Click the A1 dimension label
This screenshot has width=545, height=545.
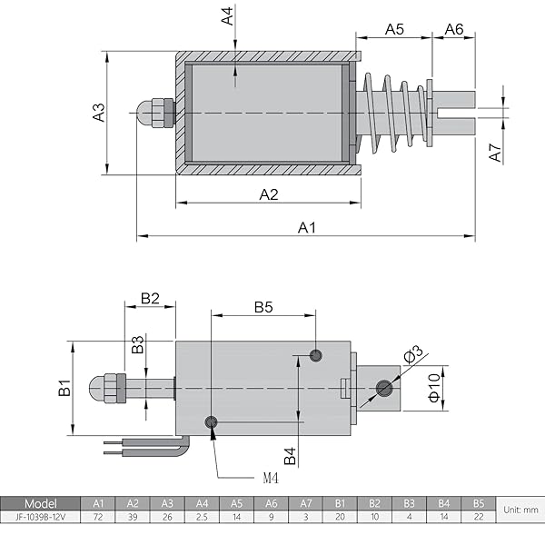tap(307, 227)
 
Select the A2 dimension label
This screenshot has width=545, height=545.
tap(269, 193)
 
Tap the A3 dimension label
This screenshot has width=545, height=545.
tap(99, 113)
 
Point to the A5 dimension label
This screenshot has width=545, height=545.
tap(393, 29)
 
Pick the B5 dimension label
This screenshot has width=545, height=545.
tap(263, 307)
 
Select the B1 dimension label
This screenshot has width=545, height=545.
tap(64, 388)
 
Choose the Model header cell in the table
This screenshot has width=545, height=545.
tap(40, 503)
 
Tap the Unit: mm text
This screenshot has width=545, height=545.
tap(520, 510)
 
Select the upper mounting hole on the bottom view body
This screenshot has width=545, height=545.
tap(316, 354)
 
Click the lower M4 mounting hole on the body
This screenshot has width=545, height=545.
tap(212, 421)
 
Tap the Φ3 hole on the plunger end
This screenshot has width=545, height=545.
tap(383, 388)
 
